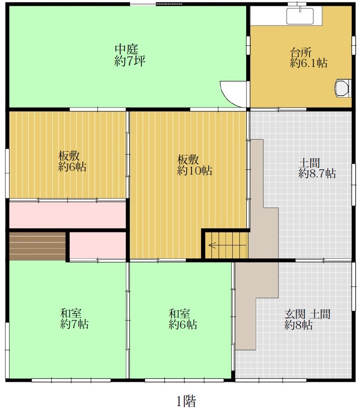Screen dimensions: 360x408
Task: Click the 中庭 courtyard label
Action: coord(126,49)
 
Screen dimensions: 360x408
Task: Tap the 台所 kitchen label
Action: coord(301,53)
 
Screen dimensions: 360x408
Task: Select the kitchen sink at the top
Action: coord(300,16)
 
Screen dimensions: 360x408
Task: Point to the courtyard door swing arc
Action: coord(226,98)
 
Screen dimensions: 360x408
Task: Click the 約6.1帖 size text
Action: coord(309,63)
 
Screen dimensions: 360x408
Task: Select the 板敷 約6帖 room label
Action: coord(72,161)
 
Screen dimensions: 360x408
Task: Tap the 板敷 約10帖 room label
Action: coord(194,165)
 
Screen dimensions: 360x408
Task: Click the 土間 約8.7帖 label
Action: coord(317,168)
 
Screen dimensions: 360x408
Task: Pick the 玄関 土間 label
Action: coord(307,314)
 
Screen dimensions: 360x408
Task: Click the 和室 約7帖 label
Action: coord(75,319)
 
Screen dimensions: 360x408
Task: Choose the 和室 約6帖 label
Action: coord(182,319)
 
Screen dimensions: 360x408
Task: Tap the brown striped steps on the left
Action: coord(37,246)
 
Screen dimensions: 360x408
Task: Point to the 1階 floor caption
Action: coord(186,401)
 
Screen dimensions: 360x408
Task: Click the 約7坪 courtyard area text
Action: coord(130,61)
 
